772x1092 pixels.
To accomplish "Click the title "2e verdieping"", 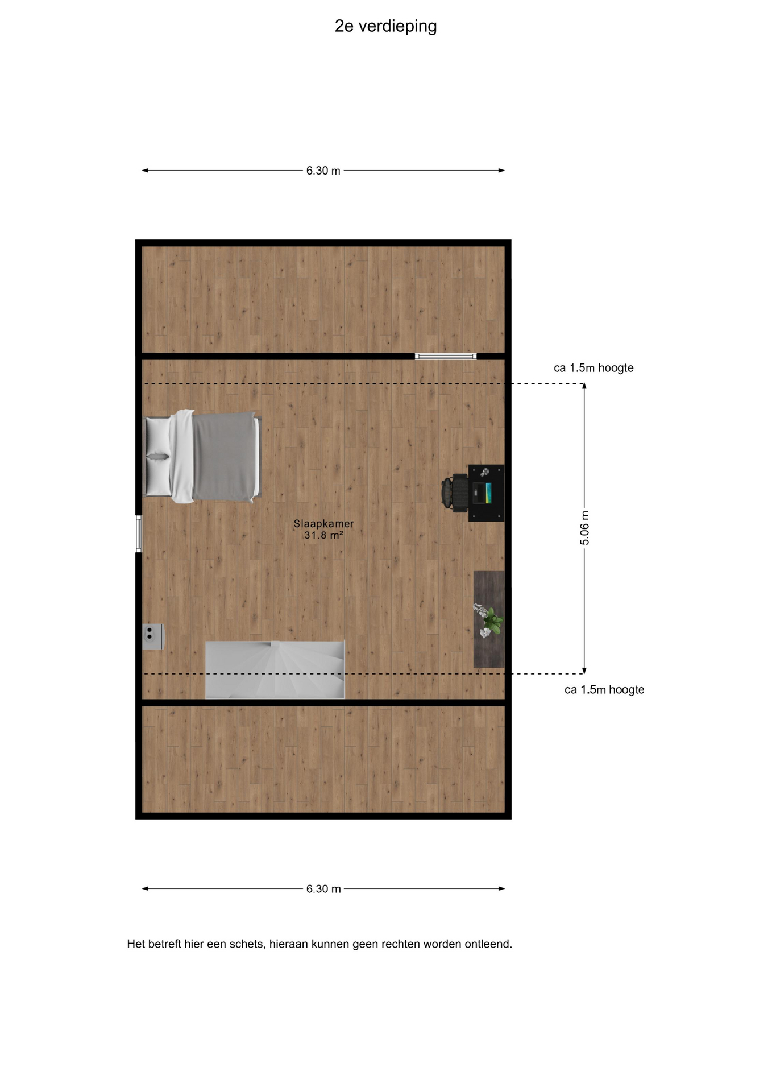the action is pyautogui.click(x=385, y=27).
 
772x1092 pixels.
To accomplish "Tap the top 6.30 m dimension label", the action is pyautogui.click(x=323, y=171).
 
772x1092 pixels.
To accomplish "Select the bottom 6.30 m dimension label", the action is pyautogui.click(x=323, y=889).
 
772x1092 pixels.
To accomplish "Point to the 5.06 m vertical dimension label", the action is pyautogui.click(x=584, y=528).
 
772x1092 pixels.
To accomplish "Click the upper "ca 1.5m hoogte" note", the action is pyautogui.click(x=593, y=368).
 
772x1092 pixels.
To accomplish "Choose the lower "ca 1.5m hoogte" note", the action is pyautogui.click(x=604, y=690).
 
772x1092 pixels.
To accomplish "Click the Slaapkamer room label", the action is pyautogui.click(x=323, y=524).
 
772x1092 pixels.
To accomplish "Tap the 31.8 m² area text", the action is pyautogui.click(x=323, y=535).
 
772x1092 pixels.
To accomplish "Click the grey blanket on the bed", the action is pyautogui.click(x=225, y=457).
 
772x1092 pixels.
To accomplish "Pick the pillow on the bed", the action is pyautogui.click(x=159, y=456).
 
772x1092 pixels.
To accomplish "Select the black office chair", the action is pyautogui.click(x=455, y=493).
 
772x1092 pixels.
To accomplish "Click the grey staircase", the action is pyautogui.click(x=275, y=670).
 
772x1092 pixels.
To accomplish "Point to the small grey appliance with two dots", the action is pyautogui.click(x=152, y=636).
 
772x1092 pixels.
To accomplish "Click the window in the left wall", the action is pyautogui.click(x=139, y=533).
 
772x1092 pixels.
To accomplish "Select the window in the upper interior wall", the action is pyautogui.click(x=446, y=357).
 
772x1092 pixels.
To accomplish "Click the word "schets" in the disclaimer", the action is pyautogui.click(x=246, y=944).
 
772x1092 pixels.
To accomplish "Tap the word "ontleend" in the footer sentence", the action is pyautogui.click(x=488, y=944).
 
